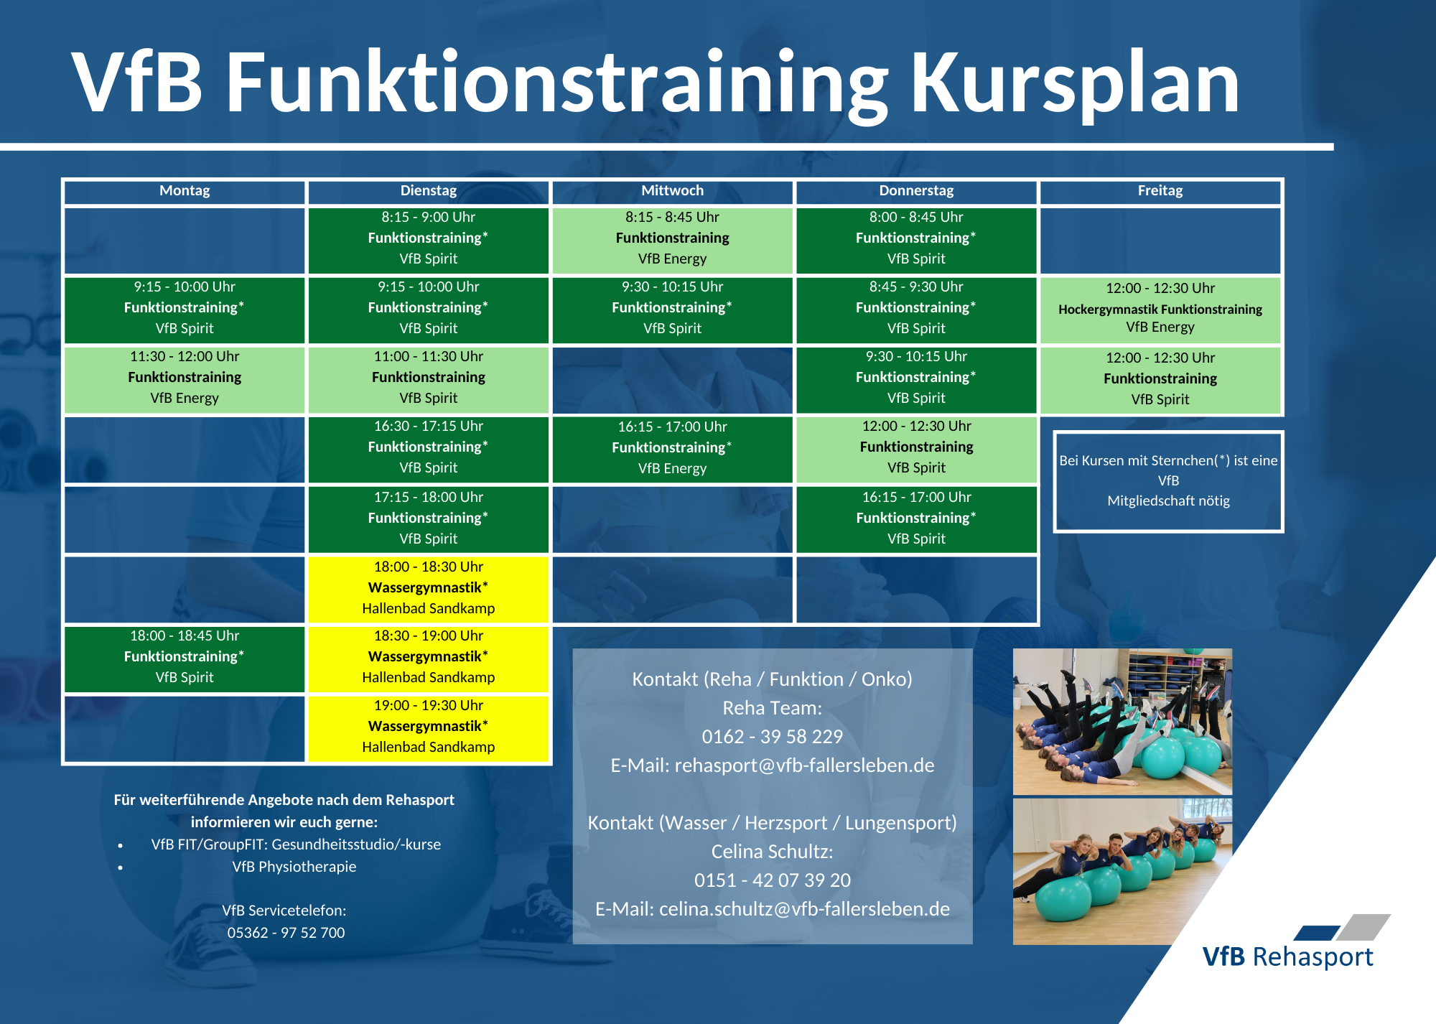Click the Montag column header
[x=185, y=191]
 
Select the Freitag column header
[x=1160, y=191]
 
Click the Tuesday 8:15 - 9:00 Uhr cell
[x=429, y=240]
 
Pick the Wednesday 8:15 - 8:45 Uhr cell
[x=673, y=240]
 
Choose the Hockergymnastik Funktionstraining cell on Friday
[x=1160, y=309]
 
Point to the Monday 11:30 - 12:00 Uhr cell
[x=185, y=379]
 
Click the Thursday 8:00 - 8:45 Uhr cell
[x=917, y=240]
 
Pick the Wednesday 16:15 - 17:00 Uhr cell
[x=673, y=449]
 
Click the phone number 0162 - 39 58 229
[x=773, y=737]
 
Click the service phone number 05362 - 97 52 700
[x=286, y=933]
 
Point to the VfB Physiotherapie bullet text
[x=294, y=867]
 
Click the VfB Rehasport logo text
[x=1287, y=957]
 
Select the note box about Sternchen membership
[x=1168, y=482]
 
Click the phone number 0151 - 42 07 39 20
[x=773, y=880]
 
